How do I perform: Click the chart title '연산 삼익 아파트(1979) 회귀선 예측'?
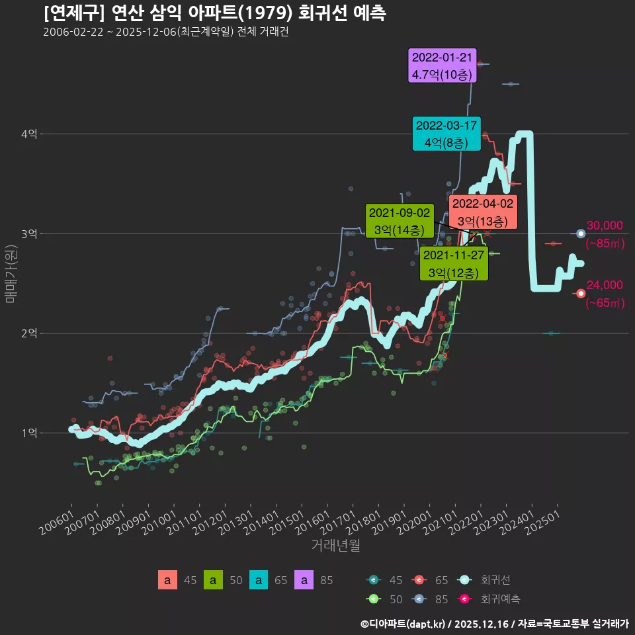point(215,13)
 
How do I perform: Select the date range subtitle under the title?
point(165,32)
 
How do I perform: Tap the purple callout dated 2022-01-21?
point(443,65)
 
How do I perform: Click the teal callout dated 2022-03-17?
point(446,134)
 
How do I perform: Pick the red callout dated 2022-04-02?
point(482,212)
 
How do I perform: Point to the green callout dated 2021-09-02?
point(399,221)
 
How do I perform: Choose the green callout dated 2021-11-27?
point(454,264)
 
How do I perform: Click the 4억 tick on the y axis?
point(28,134)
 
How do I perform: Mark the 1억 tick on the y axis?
point(28,433)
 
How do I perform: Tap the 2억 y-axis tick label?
point(28,333)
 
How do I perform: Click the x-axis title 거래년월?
point(335,546)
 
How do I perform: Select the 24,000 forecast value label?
point(605,285)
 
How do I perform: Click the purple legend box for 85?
point(304,580)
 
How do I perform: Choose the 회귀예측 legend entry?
point(500,599)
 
